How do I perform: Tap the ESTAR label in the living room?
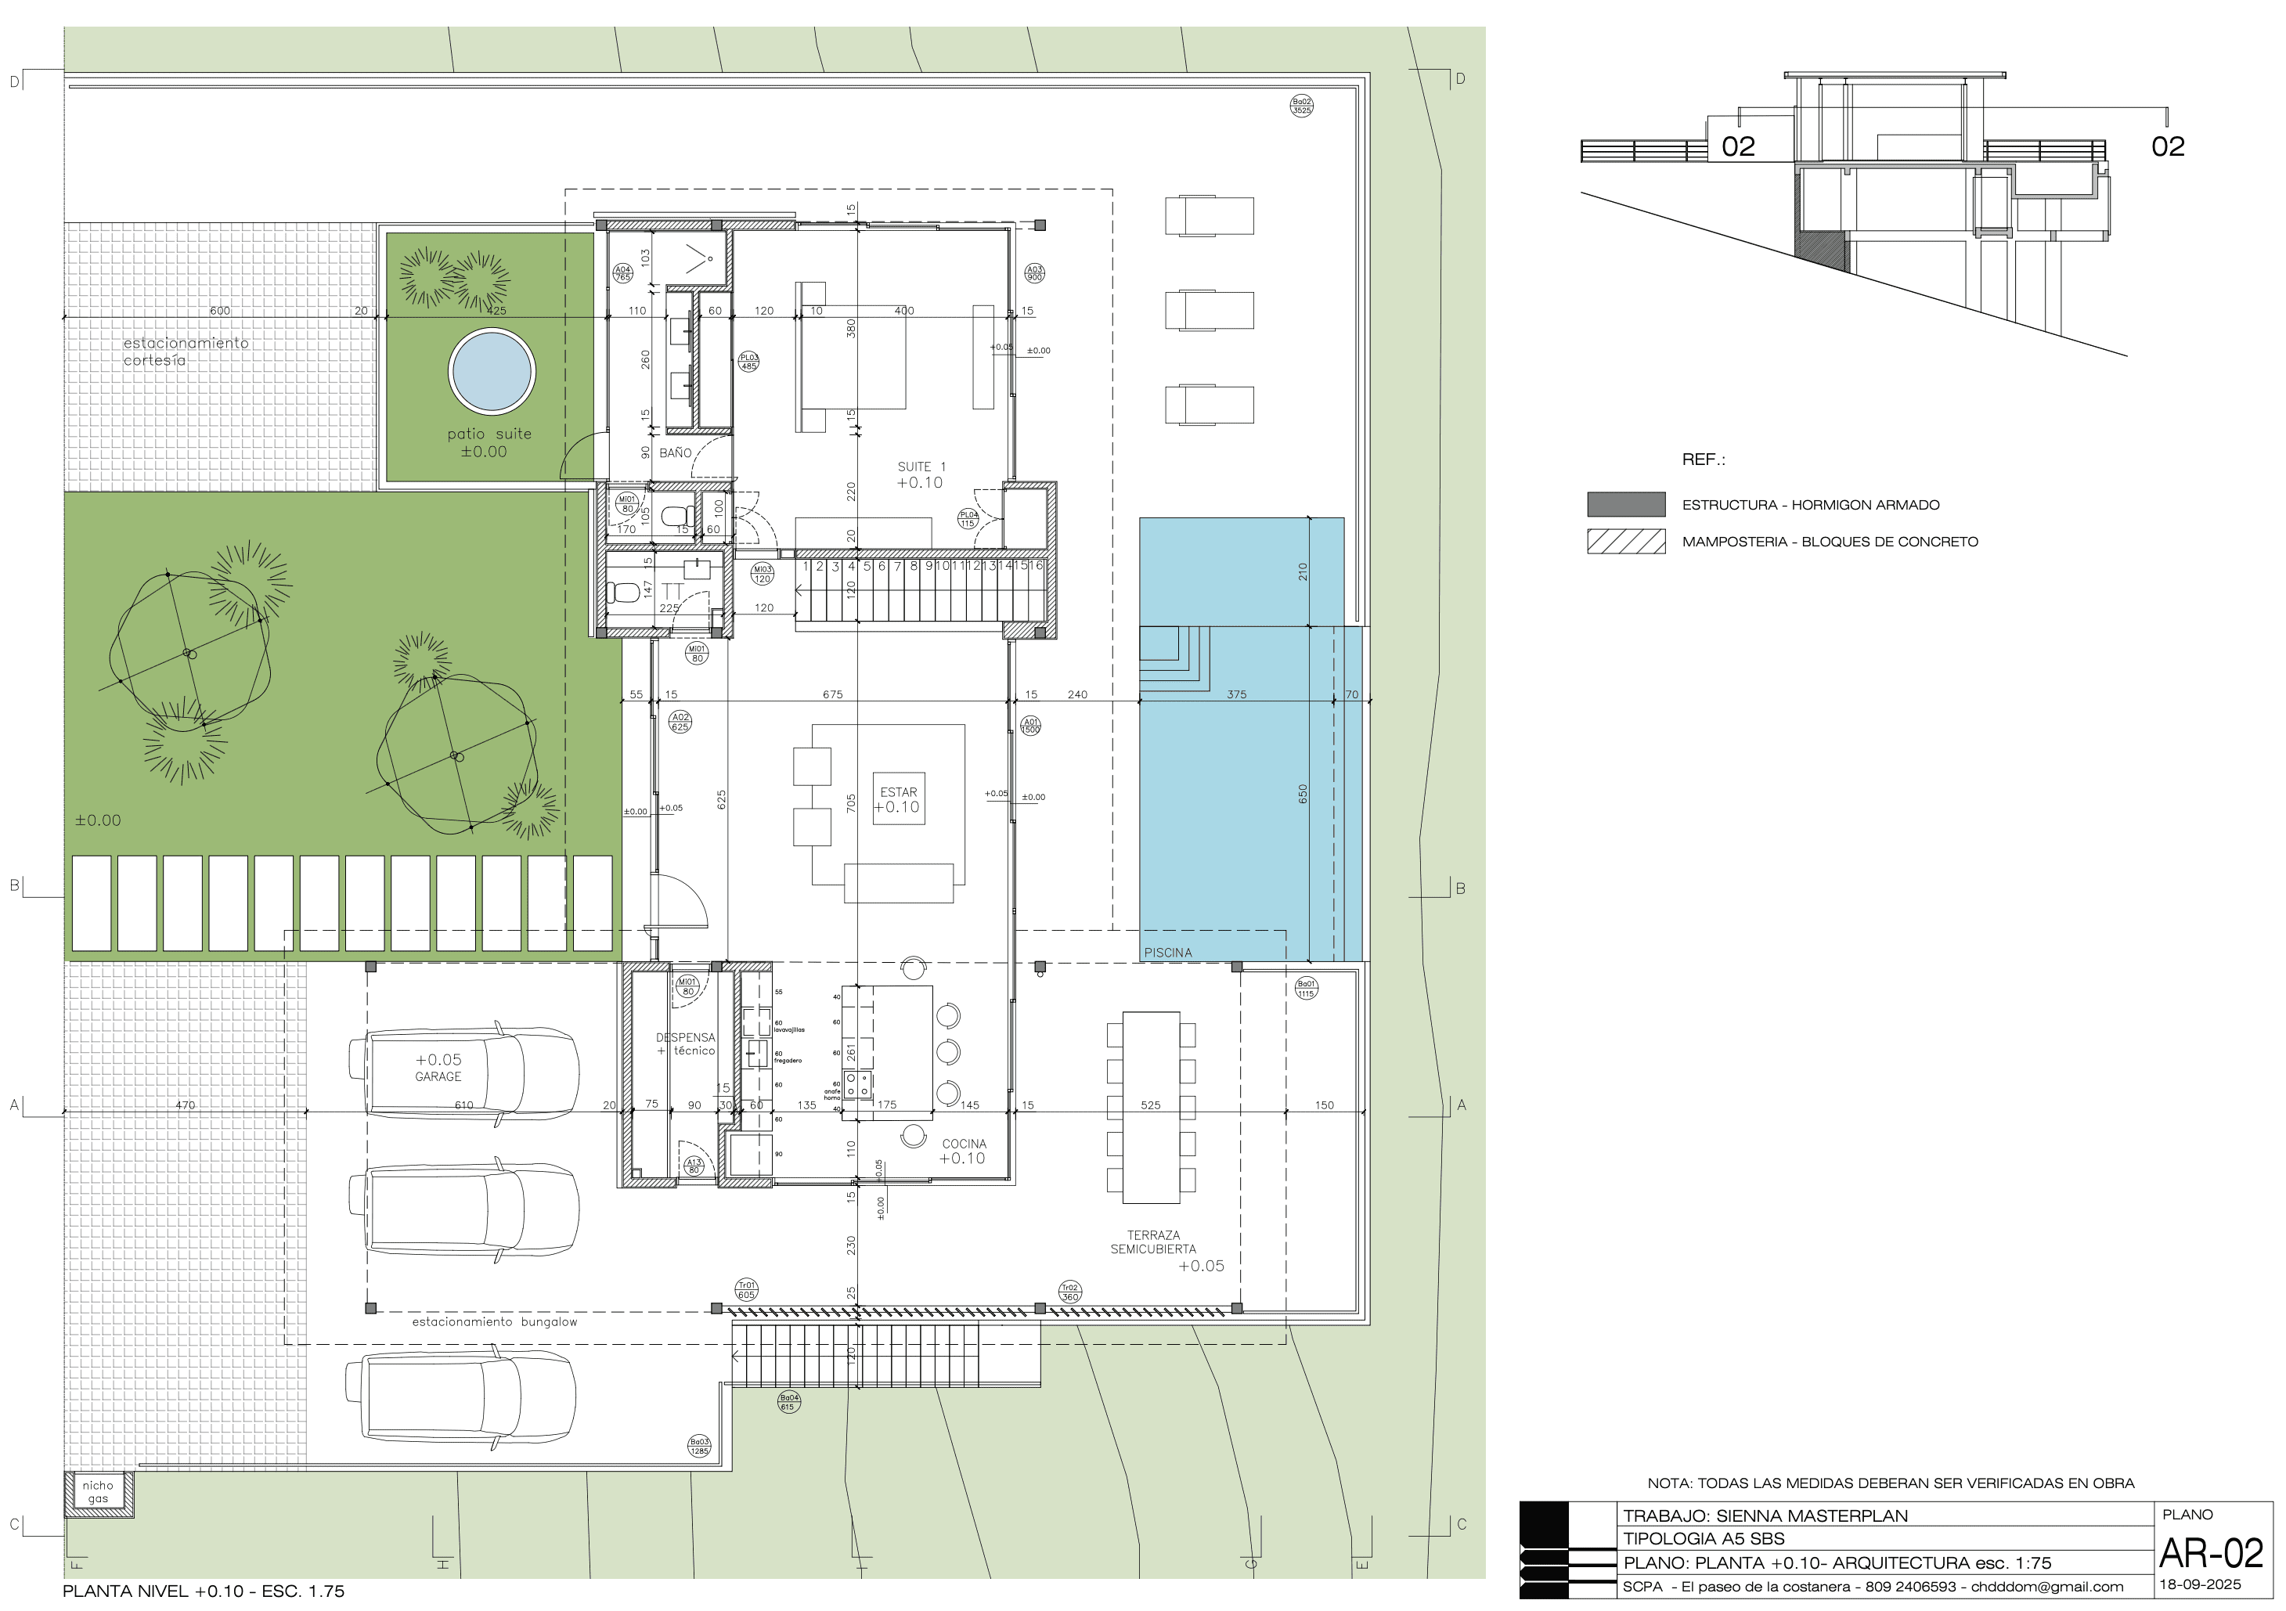click(898, 792)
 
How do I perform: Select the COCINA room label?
click(964, 1144)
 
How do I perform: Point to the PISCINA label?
click(1167, 953)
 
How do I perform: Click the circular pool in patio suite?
click(492, 371)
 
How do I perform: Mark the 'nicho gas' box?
click(98, 1491)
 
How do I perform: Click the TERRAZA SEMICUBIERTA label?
click(1153, 1242)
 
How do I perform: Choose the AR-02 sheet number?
click(2210, 1553)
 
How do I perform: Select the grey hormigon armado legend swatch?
click(1625, 505)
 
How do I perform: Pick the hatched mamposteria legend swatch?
click(1625, 542)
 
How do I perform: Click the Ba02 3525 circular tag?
click(1301, 106)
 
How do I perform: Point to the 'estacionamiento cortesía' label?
click(186, 351)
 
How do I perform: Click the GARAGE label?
click(438, 1076)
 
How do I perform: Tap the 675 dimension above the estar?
click(832, 695)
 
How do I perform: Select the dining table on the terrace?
click(1151, 1107)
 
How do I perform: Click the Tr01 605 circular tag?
click(746, 1290)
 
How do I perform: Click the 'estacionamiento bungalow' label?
click(494, 1322)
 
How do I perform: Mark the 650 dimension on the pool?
click(1302, 794)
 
